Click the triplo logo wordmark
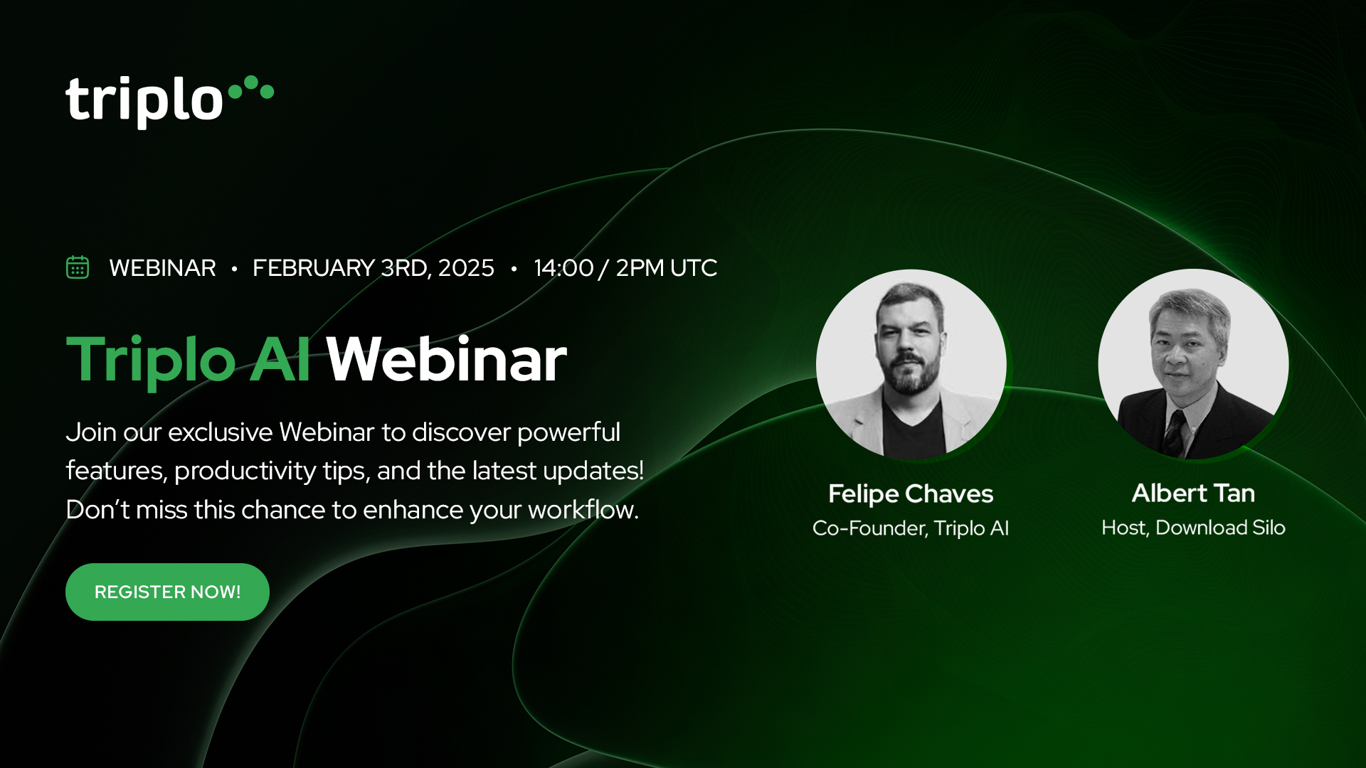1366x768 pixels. click(144, 102)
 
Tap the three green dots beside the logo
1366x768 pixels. click(251, 87)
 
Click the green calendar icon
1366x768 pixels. click(78, 267)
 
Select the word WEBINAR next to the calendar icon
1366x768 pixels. click(162, 268)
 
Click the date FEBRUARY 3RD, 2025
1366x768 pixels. click(374, 268)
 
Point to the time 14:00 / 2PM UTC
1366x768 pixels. click(625, 268)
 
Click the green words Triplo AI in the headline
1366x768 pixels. click(189, 361)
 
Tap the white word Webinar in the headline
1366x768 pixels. click(447, 360)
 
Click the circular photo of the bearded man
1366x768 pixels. click(911, 363)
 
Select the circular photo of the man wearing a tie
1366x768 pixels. click(1193, 363)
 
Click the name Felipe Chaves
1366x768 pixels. click(911, 494)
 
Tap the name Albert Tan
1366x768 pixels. click(1193, 493)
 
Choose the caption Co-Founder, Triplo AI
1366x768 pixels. click(911, 528)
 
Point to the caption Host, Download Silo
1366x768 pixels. click(1193, 528)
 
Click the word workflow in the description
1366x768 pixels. click(583, 510)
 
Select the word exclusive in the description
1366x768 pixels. click(220, 432)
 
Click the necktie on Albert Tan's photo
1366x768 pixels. click(1175, 432)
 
